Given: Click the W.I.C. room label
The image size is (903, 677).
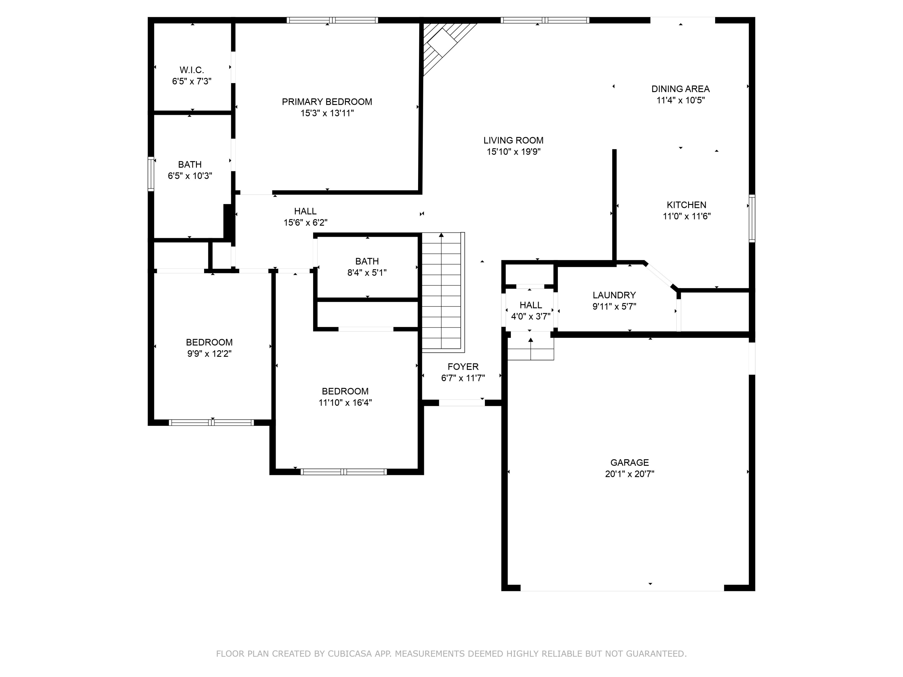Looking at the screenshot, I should point(191,70).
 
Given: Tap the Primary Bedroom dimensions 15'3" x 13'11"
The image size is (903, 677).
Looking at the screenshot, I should point(327,113).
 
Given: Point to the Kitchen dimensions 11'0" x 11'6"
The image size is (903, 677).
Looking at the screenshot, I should point(687,216).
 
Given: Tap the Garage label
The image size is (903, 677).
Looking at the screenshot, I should point(629,462).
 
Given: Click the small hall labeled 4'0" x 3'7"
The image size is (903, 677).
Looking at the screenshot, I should point(530,310).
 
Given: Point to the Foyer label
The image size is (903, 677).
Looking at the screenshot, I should point(463,366).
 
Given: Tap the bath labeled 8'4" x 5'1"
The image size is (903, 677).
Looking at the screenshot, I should point(367,267).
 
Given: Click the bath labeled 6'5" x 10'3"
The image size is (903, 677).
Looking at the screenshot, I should point(190,170).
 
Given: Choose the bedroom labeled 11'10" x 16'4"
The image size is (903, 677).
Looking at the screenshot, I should point(345,397).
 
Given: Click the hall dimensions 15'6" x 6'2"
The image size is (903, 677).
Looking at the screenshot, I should point(305,222).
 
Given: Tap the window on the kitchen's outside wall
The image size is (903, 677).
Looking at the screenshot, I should point(752,218).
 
